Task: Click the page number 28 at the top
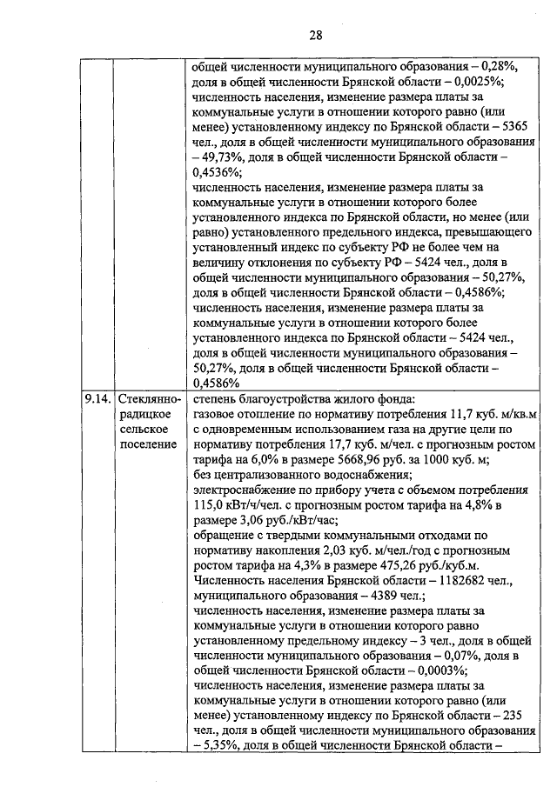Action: (x=315, y=35)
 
